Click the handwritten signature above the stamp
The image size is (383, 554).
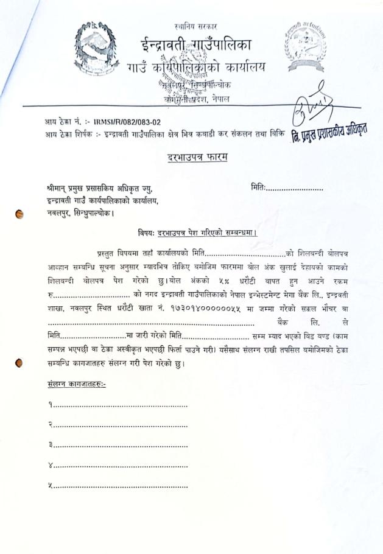pos(315,108)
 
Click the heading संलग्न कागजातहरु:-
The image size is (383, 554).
pos(76,385)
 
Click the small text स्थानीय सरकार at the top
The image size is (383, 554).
pos(195,27)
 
